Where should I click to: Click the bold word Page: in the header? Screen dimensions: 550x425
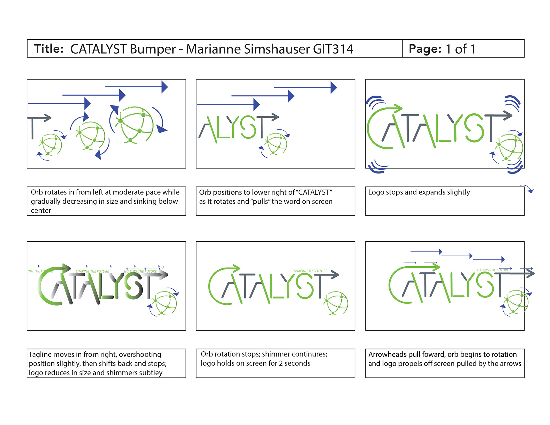tap(425, 49)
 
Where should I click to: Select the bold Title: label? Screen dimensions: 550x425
tap(49, 49)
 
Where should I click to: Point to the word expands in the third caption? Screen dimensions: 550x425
tap(428, 192)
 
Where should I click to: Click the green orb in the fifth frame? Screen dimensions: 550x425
tap(336, 303)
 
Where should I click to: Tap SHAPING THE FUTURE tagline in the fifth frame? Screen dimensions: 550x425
tap(311, 271)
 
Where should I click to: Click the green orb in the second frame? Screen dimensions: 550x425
tap(276, 144)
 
